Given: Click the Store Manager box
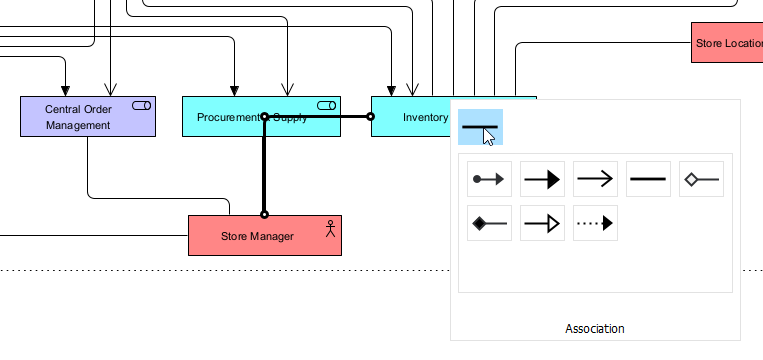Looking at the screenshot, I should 257,236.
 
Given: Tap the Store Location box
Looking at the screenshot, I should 727,43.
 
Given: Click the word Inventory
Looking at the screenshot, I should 425,117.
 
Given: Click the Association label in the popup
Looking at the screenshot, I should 595,329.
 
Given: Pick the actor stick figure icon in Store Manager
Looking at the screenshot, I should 330,227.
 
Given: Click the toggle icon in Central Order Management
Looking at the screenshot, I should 141,105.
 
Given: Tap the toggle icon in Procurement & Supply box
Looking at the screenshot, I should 326,105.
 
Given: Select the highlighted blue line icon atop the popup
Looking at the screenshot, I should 480,127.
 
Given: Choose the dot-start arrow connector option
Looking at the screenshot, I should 490,179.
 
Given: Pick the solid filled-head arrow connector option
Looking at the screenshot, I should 542,179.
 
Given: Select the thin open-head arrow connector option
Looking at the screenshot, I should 595,179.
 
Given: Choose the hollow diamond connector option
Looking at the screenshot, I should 701,179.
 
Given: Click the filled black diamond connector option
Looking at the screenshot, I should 490,223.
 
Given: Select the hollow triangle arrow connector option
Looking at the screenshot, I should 542,223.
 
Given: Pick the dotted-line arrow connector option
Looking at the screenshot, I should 595,223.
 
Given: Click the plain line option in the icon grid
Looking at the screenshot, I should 648,179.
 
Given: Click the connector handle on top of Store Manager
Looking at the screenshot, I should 264,214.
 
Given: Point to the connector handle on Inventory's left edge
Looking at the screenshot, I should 370,117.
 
